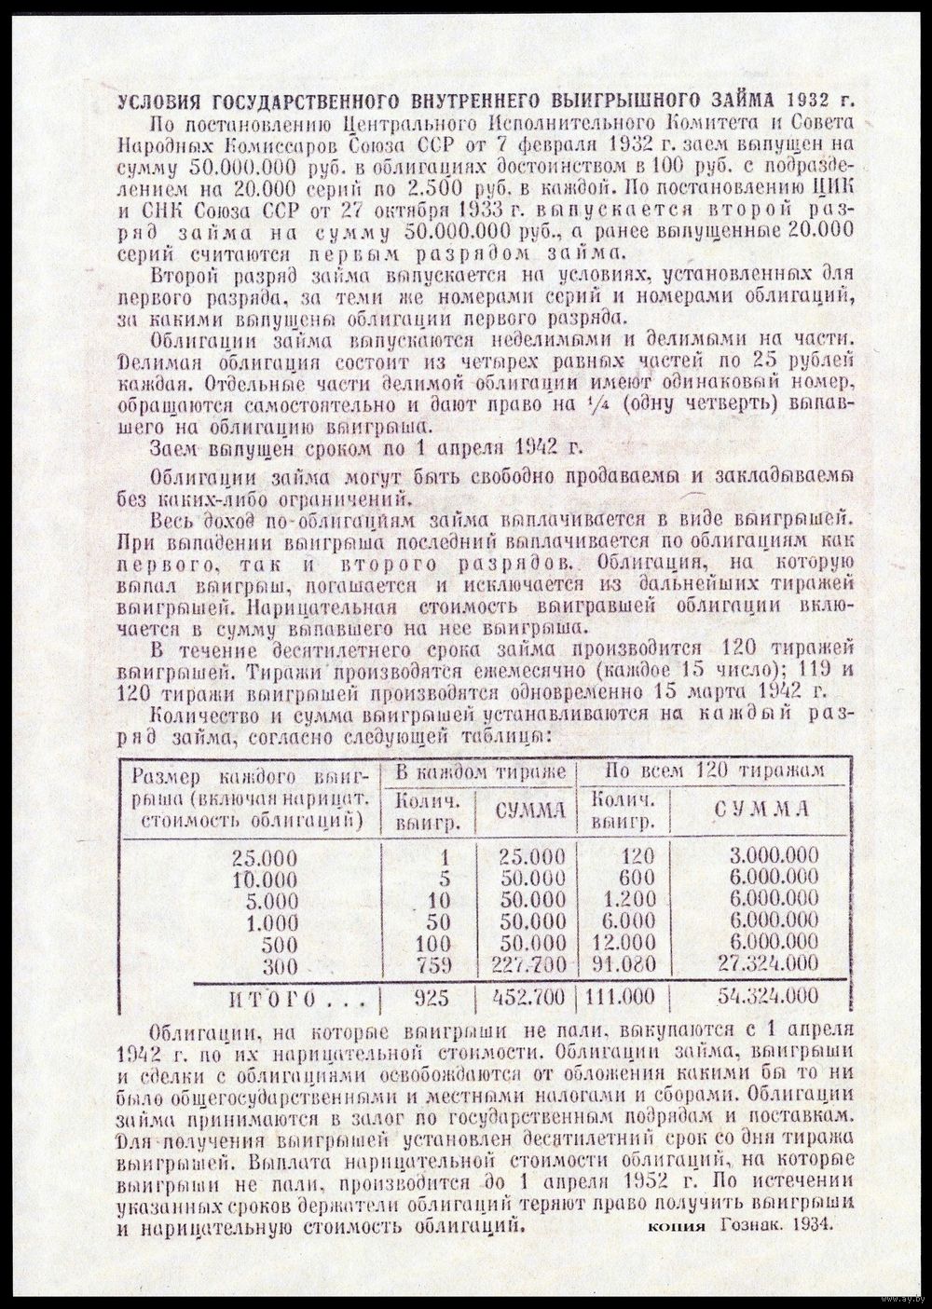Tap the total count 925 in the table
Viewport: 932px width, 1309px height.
click(430, 998)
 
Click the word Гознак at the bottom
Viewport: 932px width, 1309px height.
click(749, 1228)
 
